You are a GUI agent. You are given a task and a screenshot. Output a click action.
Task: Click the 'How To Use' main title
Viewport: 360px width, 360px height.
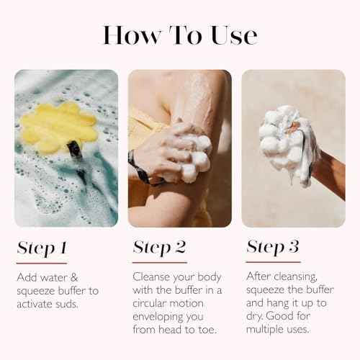click(x=179, y=35)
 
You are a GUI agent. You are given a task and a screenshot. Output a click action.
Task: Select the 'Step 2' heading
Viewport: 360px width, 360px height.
click(x=159, y=248)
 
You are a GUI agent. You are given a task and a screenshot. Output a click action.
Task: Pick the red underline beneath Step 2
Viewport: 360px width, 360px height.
click(x=160, y=262)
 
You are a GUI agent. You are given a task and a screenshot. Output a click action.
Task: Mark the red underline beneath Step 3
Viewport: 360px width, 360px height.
click(x=274, y=261)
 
